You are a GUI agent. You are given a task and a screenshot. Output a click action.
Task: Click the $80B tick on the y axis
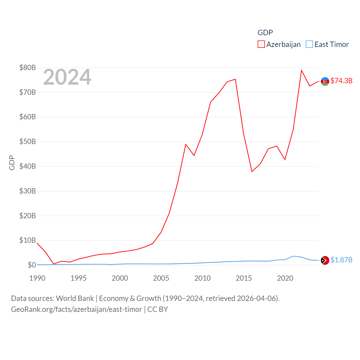28,67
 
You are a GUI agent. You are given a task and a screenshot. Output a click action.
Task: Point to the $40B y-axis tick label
28,166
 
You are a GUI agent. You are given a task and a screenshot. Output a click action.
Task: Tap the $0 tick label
32,265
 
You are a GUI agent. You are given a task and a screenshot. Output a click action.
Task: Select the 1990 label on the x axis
37,278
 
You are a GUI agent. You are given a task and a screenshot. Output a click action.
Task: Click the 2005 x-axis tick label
161,278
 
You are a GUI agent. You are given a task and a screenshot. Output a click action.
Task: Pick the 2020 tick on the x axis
285,278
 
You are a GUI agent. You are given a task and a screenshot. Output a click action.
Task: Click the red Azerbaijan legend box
261,44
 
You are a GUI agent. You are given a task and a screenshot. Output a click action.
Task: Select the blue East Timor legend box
309,44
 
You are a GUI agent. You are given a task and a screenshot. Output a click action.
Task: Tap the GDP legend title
265,33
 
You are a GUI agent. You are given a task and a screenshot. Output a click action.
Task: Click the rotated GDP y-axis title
12,163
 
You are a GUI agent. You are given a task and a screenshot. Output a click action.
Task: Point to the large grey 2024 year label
67,77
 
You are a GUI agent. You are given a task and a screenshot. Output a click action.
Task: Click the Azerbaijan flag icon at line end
325,81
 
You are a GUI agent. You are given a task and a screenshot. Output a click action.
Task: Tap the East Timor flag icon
325,260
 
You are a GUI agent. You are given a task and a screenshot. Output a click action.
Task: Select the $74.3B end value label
341,81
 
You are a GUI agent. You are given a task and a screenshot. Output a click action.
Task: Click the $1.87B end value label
341,260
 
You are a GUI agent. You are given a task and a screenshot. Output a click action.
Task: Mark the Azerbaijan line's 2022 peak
301,70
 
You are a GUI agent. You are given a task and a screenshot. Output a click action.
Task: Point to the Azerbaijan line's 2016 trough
252,171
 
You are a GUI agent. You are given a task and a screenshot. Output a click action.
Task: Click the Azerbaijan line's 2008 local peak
186,144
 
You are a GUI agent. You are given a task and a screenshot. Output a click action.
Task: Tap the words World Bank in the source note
75,298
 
